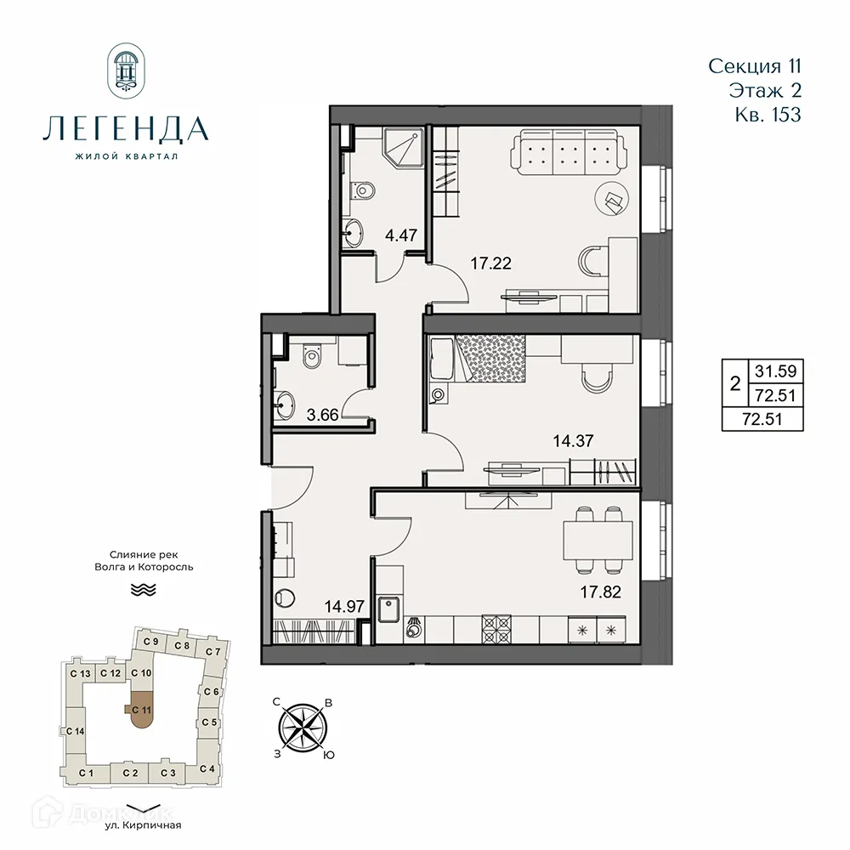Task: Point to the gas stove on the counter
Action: [x=494, y=630]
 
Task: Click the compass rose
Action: [x=304, y=728]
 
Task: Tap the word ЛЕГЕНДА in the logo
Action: [x=124, y=128]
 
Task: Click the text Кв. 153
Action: [x=767, y=115]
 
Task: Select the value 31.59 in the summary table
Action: [x=762, y=372]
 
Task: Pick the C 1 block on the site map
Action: [x=85, y=773]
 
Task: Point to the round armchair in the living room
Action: [x=612, y=200]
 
